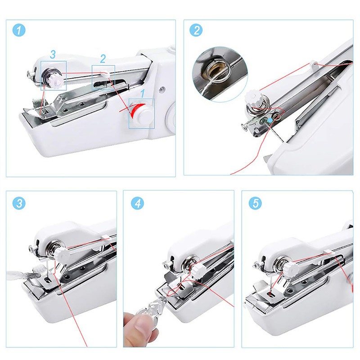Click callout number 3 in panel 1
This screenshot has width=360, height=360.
tap(53, 55)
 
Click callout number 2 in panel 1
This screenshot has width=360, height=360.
tap(103, 58)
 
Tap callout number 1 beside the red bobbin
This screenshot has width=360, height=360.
tap(143, 94)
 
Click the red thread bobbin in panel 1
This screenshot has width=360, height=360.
tap(136, 109)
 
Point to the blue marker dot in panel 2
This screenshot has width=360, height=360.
tap(269, 120)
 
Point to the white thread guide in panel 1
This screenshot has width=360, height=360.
tap(104, 72)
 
